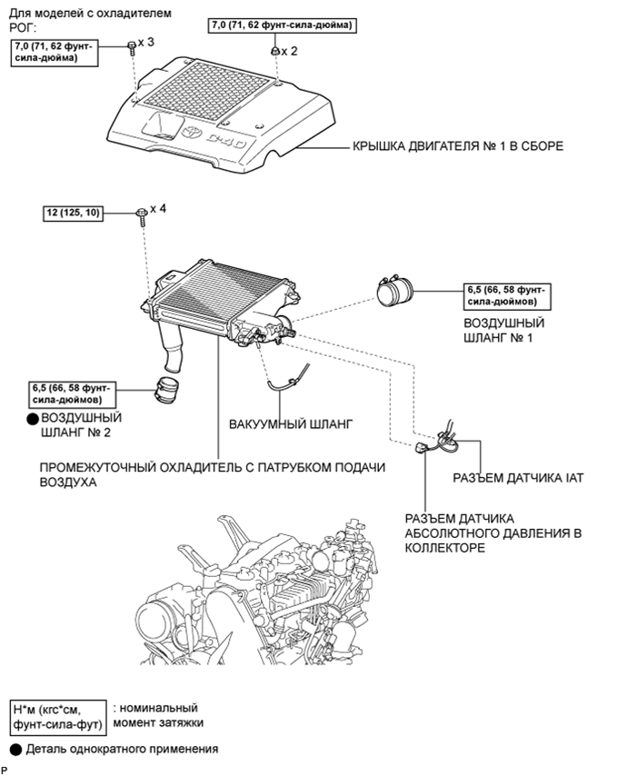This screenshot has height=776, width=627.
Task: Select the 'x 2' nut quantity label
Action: point(289,51)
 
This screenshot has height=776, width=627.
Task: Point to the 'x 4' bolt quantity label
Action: point(158,208)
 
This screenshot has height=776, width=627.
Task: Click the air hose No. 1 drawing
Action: point(399,292)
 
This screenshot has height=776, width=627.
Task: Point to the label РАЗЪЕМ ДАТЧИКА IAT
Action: point(517,477)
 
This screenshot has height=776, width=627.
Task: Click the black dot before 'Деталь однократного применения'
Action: point(16,750)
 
